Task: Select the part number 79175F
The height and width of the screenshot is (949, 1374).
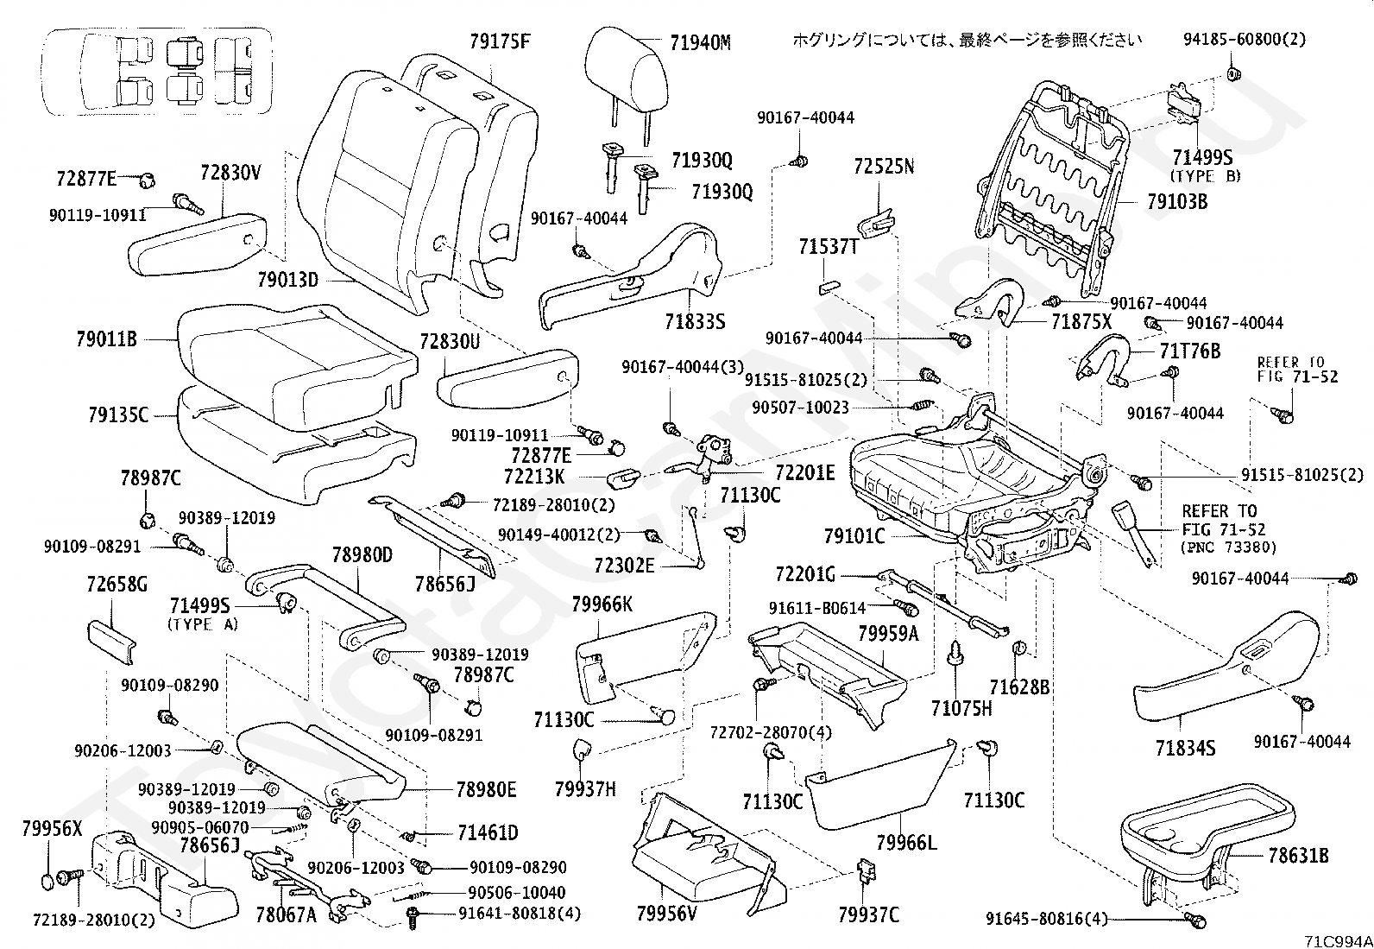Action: point(500,41)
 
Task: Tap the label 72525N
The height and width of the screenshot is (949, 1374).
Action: point(884,167)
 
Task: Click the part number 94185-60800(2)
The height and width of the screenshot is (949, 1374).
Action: point(1245,40)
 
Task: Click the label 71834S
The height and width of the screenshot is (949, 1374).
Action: point(1185,749)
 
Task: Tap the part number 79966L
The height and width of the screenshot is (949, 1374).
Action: point(906,843)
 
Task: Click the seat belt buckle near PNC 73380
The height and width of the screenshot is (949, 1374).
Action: point(1136,533)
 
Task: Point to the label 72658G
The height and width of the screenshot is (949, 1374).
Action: point(117,584)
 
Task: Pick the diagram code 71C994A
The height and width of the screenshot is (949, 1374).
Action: point(1336,941)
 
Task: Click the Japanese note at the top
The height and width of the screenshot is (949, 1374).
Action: point(967,41)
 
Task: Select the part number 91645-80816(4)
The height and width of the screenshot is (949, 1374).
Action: point(1047,919)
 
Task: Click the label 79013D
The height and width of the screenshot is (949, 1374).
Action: point(287,280)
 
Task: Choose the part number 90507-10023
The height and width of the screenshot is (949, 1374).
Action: point(800,408)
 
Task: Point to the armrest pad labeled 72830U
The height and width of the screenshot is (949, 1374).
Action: point(507,379)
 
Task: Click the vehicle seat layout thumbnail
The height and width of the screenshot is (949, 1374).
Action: point(157,71)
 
